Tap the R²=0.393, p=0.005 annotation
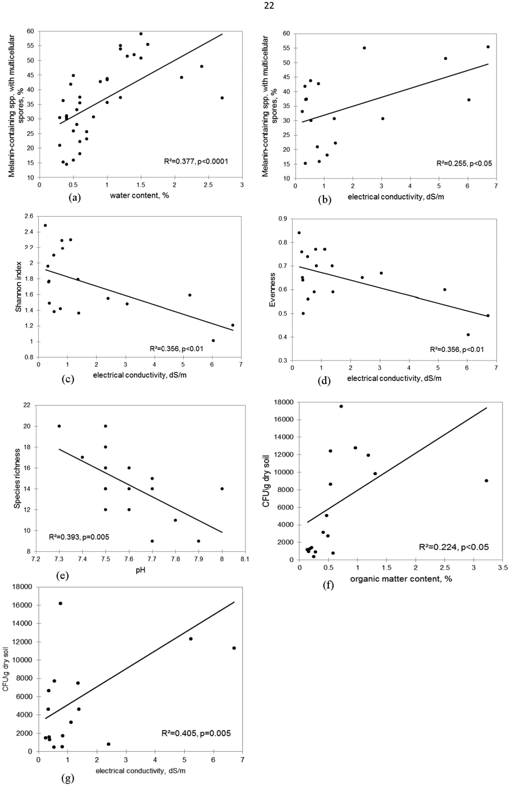pos(79,537)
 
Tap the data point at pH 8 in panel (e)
pos(222,489)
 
